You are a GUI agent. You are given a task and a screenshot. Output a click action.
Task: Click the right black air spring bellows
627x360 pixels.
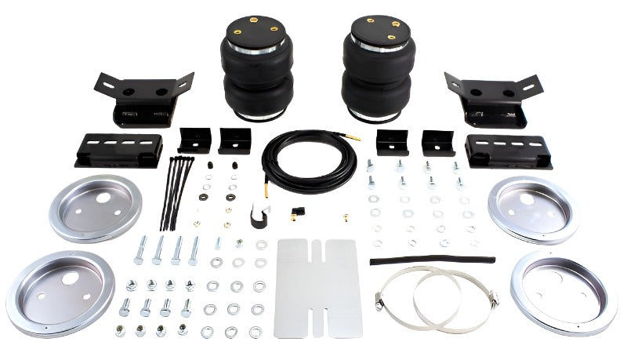(379, 71)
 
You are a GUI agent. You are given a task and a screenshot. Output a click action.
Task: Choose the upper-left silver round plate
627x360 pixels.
(95, 207)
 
